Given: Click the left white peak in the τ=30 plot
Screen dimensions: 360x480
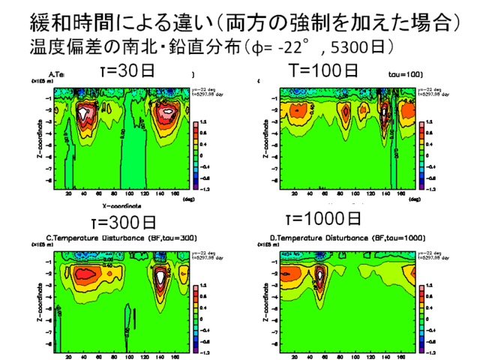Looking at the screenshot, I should click(84, 114).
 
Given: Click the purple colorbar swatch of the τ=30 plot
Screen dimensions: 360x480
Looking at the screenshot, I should click(197, 188).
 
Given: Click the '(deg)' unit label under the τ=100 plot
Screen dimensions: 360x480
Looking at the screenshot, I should click(424, 199).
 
